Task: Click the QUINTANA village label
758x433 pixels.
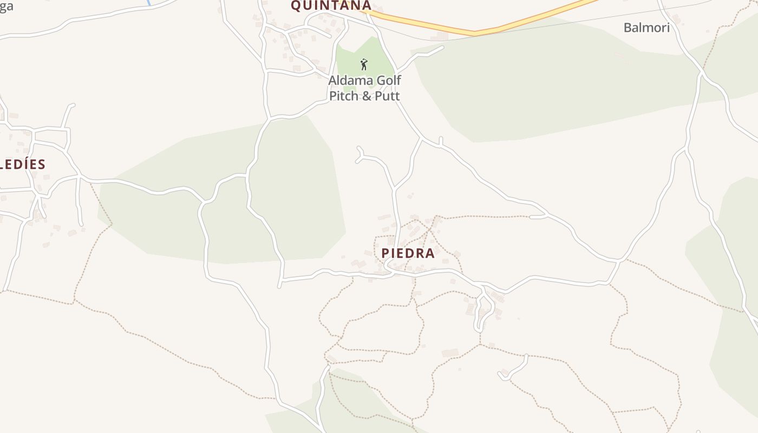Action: click(x=331, y=5)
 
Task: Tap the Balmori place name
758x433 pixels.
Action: click(x=646, y=28)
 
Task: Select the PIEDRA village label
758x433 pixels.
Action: click(x=408, y=253)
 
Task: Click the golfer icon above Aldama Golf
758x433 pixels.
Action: click(x=364, y=64)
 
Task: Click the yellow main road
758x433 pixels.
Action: click(x=476, y=32)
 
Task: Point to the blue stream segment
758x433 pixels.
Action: click(x=148, y=2)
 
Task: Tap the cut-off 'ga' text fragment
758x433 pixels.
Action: click(x=6, y=6)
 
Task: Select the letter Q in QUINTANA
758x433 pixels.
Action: click(x=296, y=5)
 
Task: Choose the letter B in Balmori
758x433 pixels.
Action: click(x=628, y=28)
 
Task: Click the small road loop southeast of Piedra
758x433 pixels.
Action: click(x=483, y=311)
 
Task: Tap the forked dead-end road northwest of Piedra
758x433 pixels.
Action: click(x=360, y=154)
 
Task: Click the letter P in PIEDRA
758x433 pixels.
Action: click(x=385, y=253)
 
